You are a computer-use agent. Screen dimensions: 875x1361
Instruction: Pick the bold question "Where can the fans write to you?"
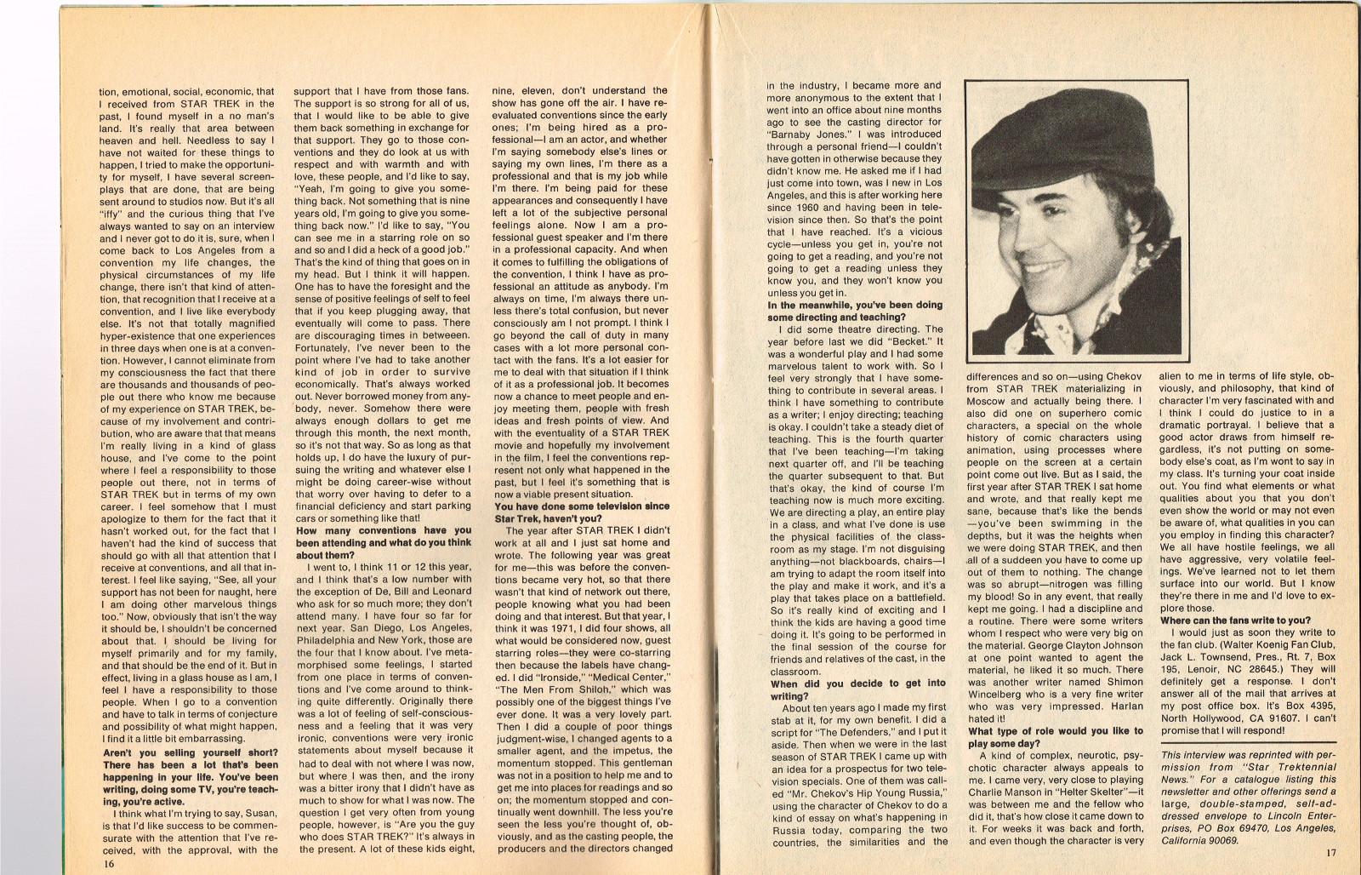[x=1236, y=621]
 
